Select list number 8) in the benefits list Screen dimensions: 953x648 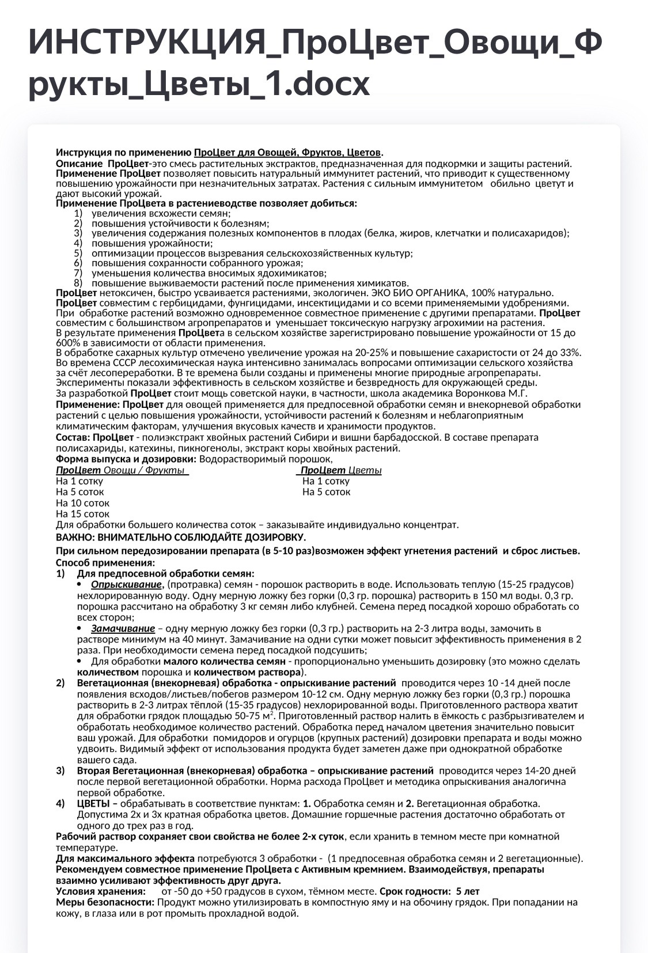coord(78,283)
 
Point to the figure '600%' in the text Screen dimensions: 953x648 coord(68,343)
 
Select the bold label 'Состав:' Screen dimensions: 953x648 coord(73,437)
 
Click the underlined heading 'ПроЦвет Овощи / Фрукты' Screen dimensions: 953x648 coord(122,471)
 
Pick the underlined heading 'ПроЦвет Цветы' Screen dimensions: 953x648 coord(340,471)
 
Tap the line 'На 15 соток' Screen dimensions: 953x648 coord(82,514)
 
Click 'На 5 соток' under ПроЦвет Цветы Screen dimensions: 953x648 coord(326,492)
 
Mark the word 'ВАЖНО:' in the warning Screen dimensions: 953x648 coord(75,538)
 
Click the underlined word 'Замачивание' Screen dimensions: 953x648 coord(123,629)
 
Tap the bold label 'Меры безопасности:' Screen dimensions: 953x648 coord(105,902)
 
